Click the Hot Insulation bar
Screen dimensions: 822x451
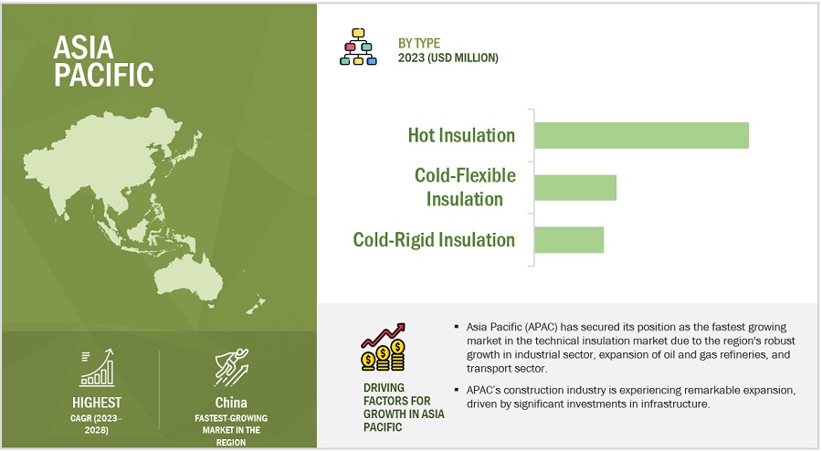642,136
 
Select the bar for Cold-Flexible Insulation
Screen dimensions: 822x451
575,187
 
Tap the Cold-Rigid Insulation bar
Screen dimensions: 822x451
569,240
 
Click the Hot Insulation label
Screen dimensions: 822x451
461,135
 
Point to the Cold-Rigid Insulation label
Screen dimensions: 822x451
434,240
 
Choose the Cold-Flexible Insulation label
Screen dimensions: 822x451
465,187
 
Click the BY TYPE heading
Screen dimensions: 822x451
419,44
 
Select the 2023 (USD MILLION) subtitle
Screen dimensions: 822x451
448,58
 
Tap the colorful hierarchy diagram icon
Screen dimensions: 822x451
358,47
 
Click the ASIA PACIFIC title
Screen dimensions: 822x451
103,61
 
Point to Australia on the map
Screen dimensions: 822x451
189,278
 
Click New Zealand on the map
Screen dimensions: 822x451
256,305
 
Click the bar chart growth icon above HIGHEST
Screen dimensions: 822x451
97,368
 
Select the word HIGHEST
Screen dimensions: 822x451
97,403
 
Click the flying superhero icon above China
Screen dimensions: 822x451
231,367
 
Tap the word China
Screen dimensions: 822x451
231,403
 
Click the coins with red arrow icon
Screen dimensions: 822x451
384,347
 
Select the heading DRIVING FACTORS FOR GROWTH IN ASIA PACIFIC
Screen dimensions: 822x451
404,407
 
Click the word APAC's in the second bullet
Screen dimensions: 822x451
483,390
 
